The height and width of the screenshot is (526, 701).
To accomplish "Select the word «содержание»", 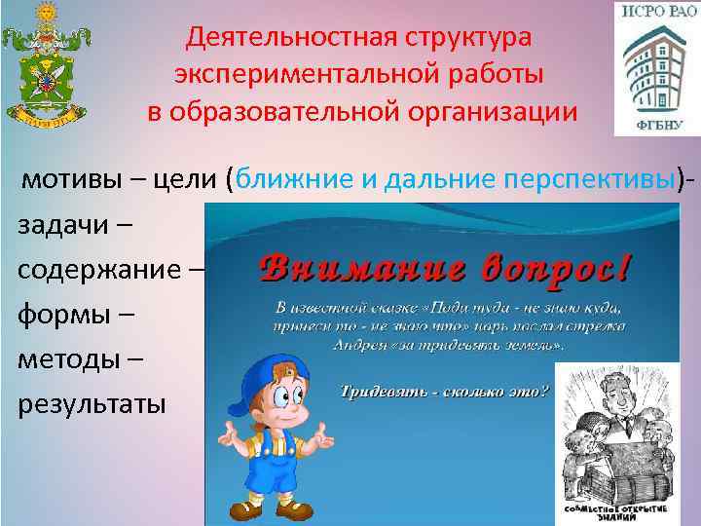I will click(x=103, y=269).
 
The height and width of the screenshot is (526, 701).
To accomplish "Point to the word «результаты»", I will click(x=92, y=402).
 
